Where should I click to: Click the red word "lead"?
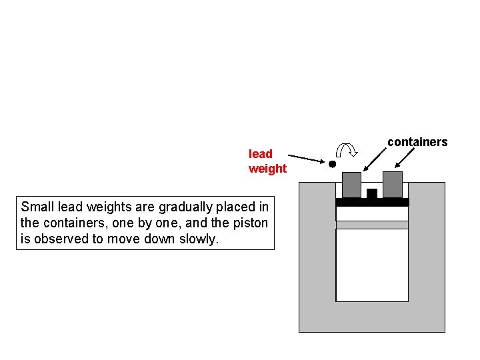tap(261, 154)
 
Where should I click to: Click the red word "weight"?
tap(267, 169)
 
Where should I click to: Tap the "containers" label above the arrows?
tap(417, 142)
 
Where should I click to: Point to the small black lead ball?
tap(331, 164)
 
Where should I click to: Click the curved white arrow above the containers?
tap(347, 152)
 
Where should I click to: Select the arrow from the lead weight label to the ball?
tap(307, 159)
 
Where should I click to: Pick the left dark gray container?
tap(351, 185)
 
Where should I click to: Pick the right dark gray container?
tap(393, 184)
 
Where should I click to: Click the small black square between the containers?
tap(372, 193)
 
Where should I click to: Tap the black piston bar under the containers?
tap(372, 202)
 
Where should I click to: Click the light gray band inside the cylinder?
tap(372, 225)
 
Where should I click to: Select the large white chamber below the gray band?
tap(372, 265)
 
